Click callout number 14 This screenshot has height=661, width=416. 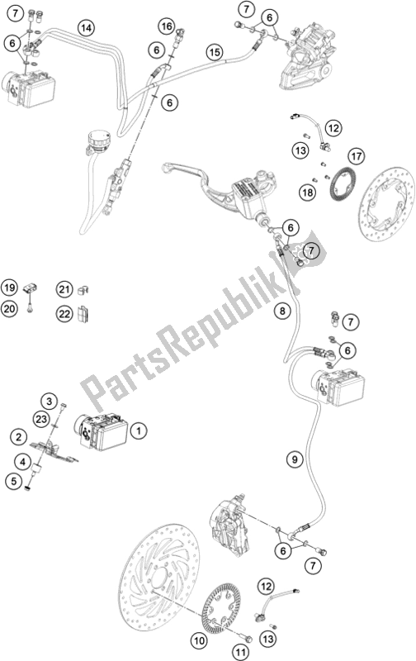[x=85, y=27]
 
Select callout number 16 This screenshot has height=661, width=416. [x=168, y=27]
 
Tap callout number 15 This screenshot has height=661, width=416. [x=214, y=52]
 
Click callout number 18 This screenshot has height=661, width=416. [x=308, y=192]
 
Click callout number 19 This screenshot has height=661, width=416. [x=9, y=288]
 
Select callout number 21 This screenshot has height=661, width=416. [x=65, y=288]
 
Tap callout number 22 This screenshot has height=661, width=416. [x=65, y=312]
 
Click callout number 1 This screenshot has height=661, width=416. [x=139, y=430]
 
